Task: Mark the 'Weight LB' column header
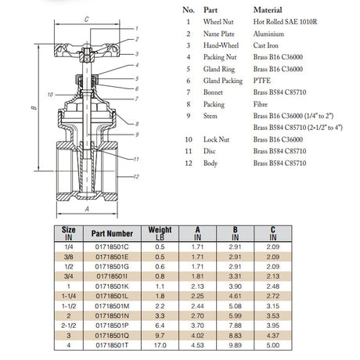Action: pos(160,232)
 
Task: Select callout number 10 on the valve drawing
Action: pos(49,93)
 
